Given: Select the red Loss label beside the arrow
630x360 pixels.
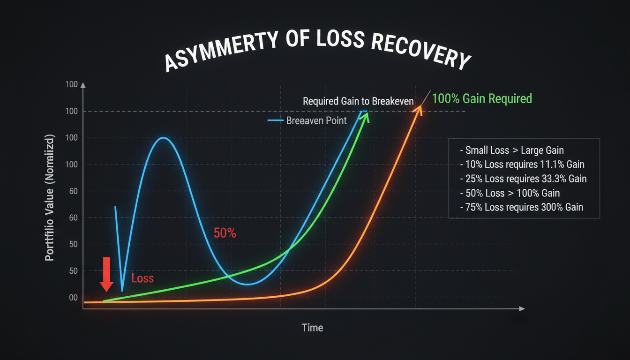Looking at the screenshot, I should coord(142,278).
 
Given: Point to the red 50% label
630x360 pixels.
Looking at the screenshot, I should coord(225,233).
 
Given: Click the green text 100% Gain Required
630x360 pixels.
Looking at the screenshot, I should coord(482,98).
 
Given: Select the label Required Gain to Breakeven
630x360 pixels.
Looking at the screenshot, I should coord(358,101).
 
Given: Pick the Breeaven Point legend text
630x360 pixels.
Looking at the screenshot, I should coord(316,120).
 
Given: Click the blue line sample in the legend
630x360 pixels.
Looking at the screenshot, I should coord(276,121).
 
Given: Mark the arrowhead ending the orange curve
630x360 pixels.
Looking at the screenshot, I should coord(418,110).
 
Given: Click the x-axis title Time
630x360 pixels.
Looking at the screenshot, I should coord(312,328).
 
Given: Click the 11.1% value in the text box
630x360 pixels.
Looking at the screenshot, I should coord(552,165).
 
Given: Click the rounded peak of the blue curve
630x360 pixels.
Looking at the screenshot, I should coord(163,138).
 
